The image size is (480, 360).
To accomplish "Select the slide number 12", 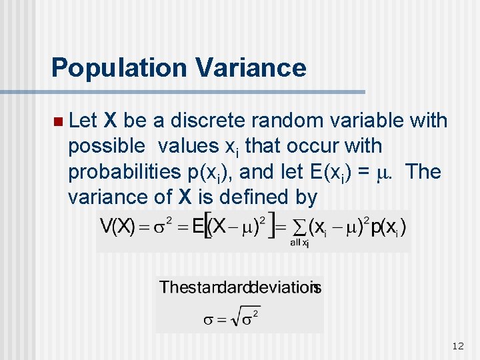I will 457,345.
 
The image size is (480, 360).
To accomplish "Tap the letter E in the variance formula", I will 198,227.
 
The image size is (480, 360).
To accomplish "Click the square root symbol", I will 236,319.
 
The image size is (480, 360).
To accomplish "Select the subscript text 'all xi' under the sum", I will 299,242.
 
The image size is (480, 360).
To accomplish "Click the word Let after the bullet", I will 83,121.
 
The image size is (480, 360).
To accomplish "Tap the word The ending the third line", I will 423,172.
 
